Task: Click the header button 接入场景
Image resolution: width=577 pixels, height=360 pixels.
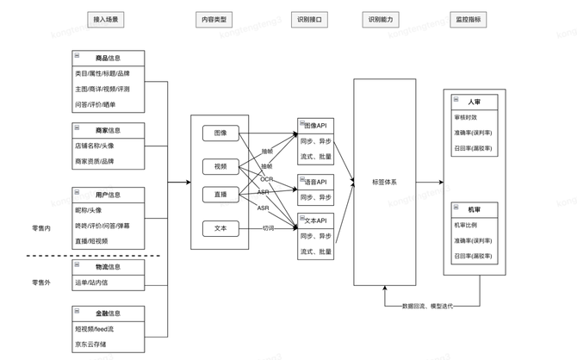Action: [x=108, y=19]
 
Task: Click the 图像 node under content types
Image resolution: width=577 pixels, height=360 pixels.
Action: [x=220, y=133]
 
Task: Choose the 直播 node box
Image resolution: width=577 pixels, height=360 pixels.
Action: [x=220, y=196]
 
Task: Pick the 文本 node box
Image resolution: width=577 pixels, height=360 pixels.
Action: [x=220, y=228]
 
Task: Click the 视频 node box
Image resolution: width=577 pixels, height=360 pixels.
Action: [x=220, y=165]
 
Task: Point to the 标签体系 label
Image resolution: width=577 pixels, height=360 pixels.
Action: [x=385, y=182]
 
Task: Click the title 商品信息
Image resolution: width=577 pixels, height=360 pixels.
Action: [x=109, y=59]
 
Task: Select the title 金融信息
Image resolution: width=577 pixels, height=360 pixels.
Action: [x=109, y=313]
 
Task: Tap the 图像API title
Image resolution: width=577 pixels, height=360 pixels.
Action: [x=315, y=126]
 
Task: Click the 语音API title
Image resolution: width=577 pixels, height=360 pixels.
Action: [x=315, y=182]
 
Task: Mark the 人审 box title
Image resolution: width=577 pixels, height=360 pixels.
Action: [x=475, y=102]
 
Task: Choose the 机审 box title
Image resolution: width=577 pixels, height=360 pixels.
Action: [x=475, y=209]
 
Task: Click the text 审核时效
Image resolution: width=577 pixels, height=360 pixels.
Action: [x=466, y=117]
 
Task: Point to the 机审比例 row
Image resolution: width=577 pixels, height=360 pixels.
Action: [x=466, y=225]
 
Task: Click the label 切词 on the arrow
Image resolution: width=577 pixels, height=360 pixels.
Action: [x=269, y=228]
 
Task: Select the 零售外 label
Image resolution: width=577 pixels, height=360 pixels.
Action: [x=41, y=282]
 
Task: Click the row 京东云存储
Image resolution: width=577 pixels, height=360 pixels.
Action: [x=93, y=344]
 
